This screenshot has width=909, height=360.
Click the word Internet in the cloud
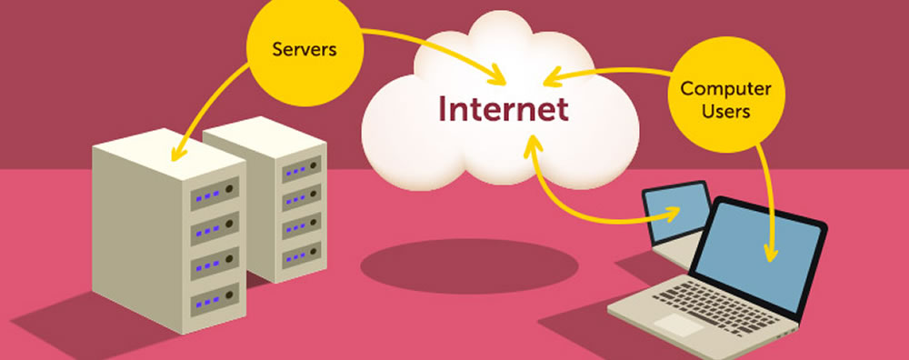coord(504,108)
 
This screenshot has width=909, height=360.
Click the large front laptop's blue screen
coord(764,251)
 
